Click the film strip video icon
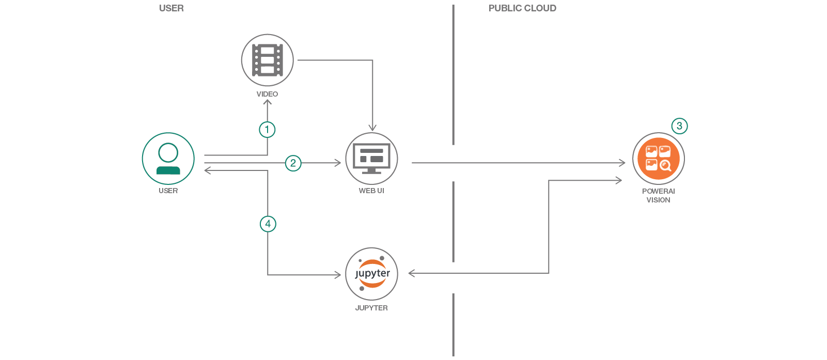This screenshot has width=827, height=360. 268,60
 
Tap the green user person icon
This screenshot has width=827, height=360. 168,159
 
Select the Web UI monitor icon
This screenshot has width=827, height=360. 371,159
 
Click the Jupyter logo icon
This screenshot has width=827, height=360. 371,274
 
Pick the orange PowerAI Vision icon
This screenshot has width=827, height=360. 659,159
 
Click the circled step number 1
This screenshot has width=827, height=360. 267,129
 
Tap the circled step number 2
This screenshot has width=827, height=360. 293,163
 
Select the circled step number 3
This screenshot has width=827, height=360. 679,126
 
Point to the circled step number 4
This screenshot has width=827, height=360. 268,224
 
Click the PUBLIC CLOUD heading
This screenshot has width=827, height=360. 522,8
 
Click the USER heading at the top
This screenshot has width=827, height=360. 171,8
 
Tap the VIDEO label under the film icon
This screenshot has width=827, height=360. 267,94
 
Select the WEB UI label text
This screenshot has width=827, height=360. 371,191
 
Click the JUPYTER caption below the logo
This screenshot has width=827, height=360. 371,308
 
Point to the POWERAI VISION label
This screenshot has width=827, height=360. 659,195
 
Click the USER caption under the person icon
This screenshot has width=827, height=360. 168,191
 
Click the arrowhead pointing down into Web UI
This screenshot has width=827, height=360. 372,128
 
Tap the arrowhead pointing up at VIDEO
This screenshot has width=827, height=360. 268,102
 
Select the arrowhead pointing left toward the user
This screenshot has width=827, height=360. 207,170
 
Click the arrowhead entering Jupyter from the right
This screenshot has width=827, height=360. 412,273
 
